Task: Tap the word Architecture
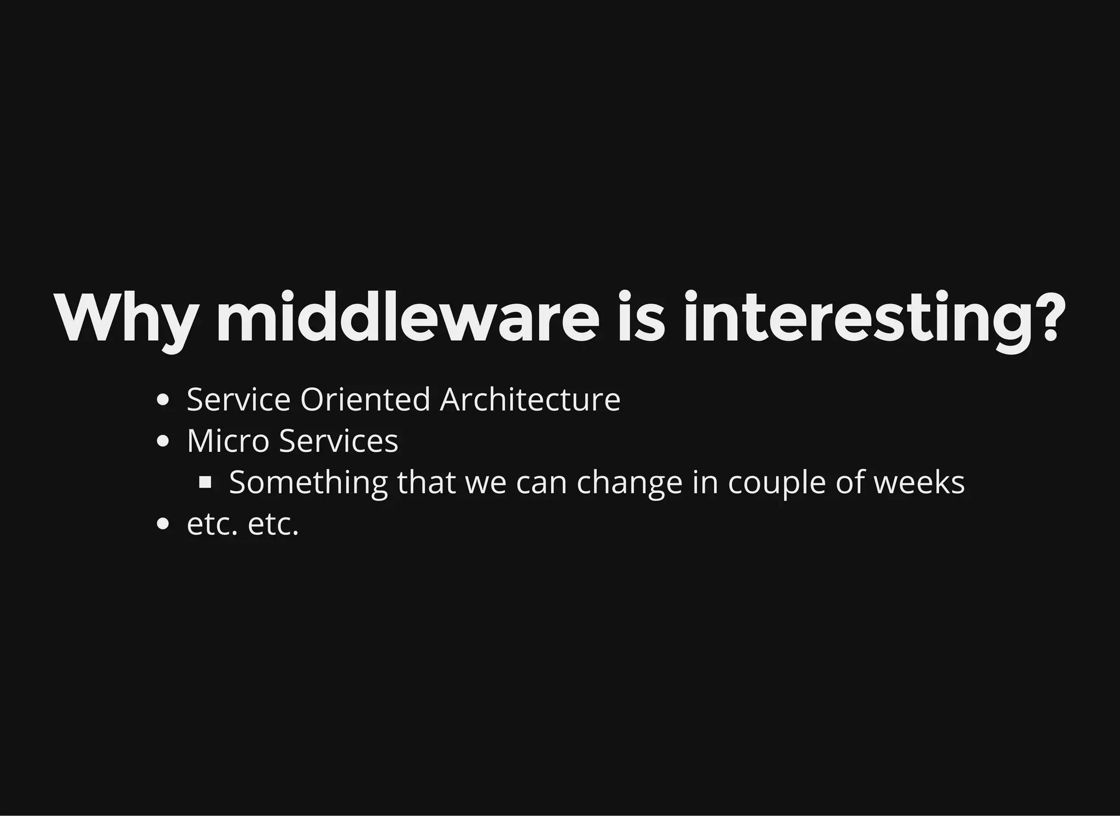pos(530,399)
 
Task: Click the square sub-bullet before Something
pos(205,482)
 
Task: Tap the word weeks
pos(919,482)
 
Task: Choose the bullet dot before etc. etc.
pos(162,524)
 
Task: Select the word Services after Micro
pos(339,441)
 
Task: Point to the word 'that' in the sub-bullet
pos(426,482)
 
